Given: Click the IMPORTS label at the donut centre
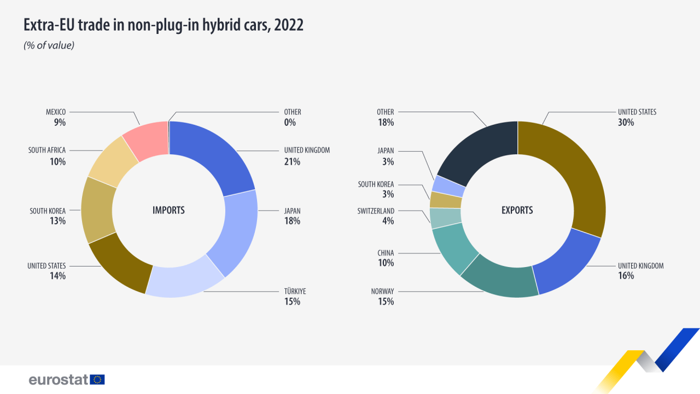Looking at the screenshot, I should (x=168, y=210).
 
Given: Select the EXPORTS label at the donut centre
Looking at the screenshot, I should (x=517, y=210).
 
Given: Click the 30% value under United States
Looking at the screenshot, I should (x=626, y=123).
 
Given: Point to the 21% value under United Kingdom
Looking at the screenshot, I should (x=292, y=161).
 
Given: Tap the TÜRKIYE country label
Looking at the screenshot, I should (x=295, y=291).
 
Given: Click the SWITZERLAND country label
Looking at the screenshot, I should (x=376, y=211).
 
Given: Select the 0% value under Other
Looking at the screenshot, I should (x=290, y=123).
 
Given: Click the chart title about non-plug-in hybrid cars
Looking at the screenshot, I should (x=163, y=25).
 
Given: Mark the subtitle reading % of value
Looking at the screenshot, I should (x=49, y=45).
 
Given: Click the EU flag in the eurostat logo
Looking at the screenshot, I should (x=98, y=379).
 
